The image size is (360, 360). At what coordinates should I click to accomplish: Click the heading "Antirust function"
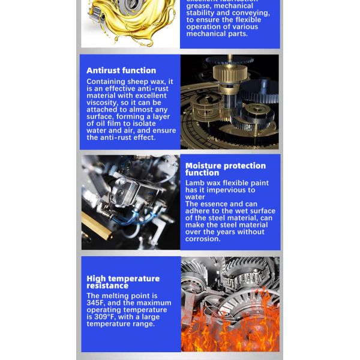(x=121, y=71)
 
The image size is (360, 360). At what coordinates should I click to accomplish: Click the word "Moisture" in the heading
(x=205, y=166)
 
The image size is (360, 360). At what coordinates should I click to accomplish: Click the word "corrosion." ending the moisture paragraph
(x=203, y=239)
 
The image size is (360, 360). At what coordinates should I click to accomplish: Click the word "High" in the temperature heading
(x=96, y=278)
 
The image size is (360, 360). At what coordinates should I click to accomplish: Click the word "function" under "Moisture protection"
(x=202, y=173)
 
